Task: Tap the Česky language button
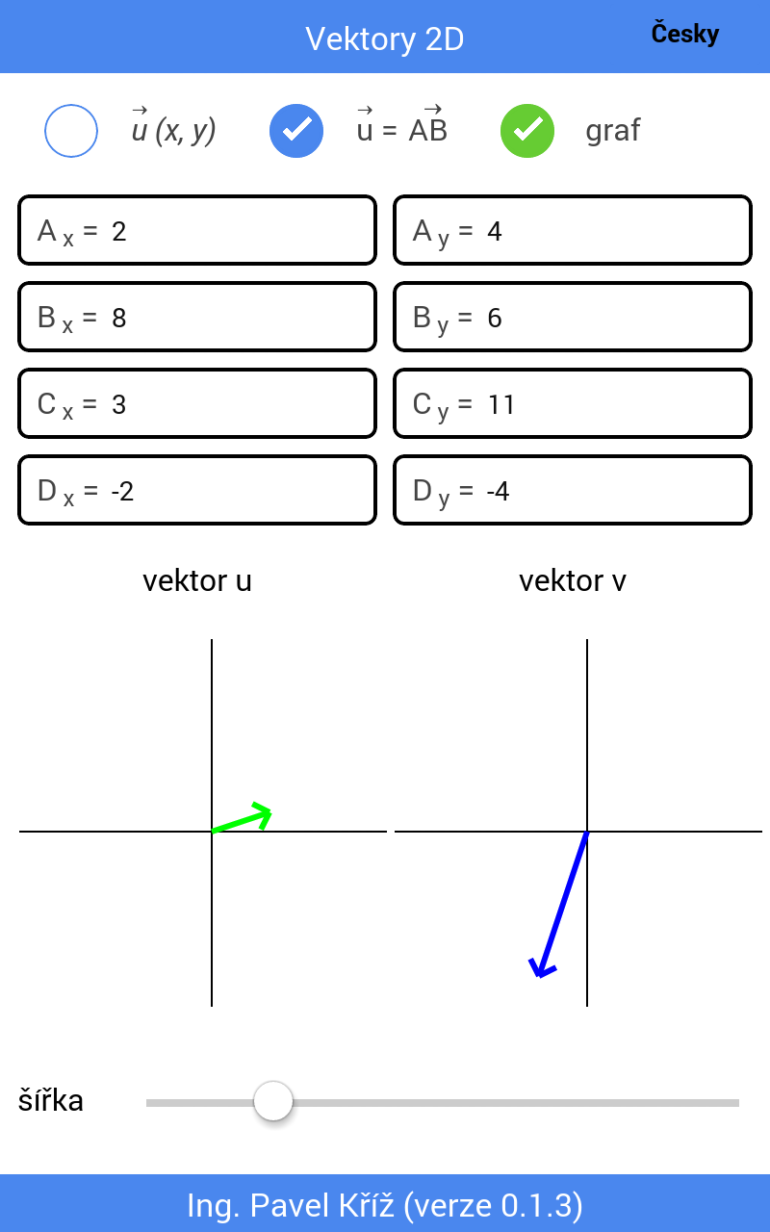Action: [x=684, y=35]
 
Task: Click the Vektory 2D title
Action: [x=385, y=38]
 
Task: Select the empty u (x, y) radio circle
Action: [x=71, y=131]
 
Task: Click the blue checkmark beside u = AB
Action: [x=296, y=131]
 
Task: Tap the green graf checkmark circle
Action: [x=527, y=131]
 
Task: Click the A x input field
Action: [x=196, y=231]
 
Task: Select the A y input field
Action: [x=572, y=231]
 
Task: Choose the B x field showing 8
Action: [x=196, y=318]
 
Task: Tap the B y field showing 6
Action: [x=572, y=318]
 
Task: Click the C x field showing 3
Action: [x=196, y=404]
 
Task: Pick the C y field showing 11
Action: [x=572, y=404]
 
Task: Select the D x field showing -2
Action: [x=196, y=491]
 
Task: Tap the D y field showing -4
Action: [x=572, y=491]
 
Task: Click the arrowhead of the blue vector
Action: [x=542, y=968]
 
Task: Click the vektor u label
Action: [x=197, y=581]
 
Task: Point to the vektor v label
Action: [x=573, y=581]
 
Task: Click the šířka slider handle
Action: [x=273, y=1101]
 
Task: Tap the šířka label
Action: [x=51, y=1101]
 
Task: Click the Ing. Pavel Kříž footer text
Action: [x=385, y=1205]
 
